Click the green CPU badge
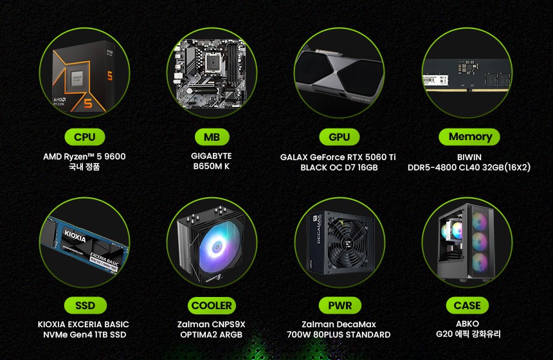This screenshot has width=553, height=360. coord(85,137)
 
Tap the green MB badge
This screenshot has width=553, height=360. coord(212,137)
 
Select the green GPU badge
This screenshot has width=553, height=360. coord(340,137)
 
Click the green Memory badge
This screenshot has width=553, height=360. coord(469,137)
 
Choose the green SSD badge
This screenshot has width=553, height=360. coord(85,305)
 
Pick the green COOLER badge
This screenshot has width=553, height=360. coord(212,305)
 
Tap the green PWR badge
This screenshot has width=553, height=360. coord(340,305)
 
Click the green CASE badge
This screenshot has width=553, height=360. coord(467,305)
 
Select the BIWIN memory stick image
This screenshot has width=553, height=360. coord(467,75)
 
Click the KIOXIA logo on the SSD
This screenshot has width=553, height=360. coord(75,236)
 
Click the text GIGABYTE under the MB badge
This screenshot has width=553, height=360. coord(212,156)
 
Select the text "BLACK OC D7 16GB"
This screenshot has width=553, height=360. coord(339,168)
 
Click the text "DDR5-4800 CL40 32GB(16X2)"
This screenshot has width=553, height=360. coord(469,168)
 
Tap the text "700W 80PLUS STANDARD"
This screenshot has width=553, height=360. coord(339,335)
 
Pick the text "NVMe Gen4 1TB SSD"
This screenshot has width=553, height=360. coord(85,335)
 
